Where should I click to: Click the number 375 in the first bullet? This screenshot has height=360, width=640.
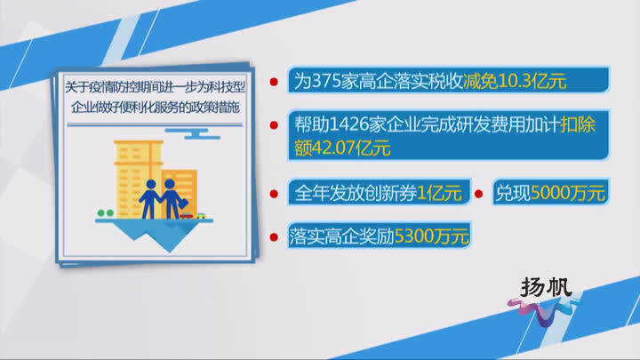326,81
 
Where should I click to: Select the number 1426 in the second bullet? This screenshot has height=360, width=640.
348,125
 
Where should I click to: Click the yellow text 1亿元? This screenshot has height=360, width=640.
439,193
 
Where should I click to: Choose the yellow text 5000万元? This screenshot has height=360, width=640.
568,193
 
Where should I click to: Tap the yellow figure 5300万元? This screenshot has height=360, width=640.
431,236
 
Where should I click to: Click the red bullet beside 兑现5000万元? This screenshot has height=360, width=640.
479,194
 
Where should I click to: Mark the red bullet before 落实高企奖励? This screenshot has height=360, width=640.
274,237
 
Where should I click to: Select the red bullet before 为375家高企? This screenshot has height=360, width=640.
274,82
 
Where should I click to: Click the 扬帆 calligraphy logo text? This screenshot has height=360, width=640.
546,287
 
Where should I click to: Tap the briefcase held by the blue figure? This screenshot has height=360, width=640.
183,203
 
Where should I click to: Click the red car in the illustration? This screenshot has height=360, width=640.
187,215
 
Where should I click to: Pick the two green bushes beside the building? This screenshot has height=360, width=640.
105,212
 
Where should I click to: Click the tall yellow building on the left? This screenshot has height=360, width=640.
138,179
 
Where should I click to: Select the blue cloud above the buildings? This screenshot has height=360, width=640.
193,133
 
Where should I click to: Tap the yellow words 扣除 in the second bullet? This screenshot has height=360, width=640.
578,124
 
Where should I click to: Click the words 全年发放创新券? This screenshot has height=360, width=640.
356,193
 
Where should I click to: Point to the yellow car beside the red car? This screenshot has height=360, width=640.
201,215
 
